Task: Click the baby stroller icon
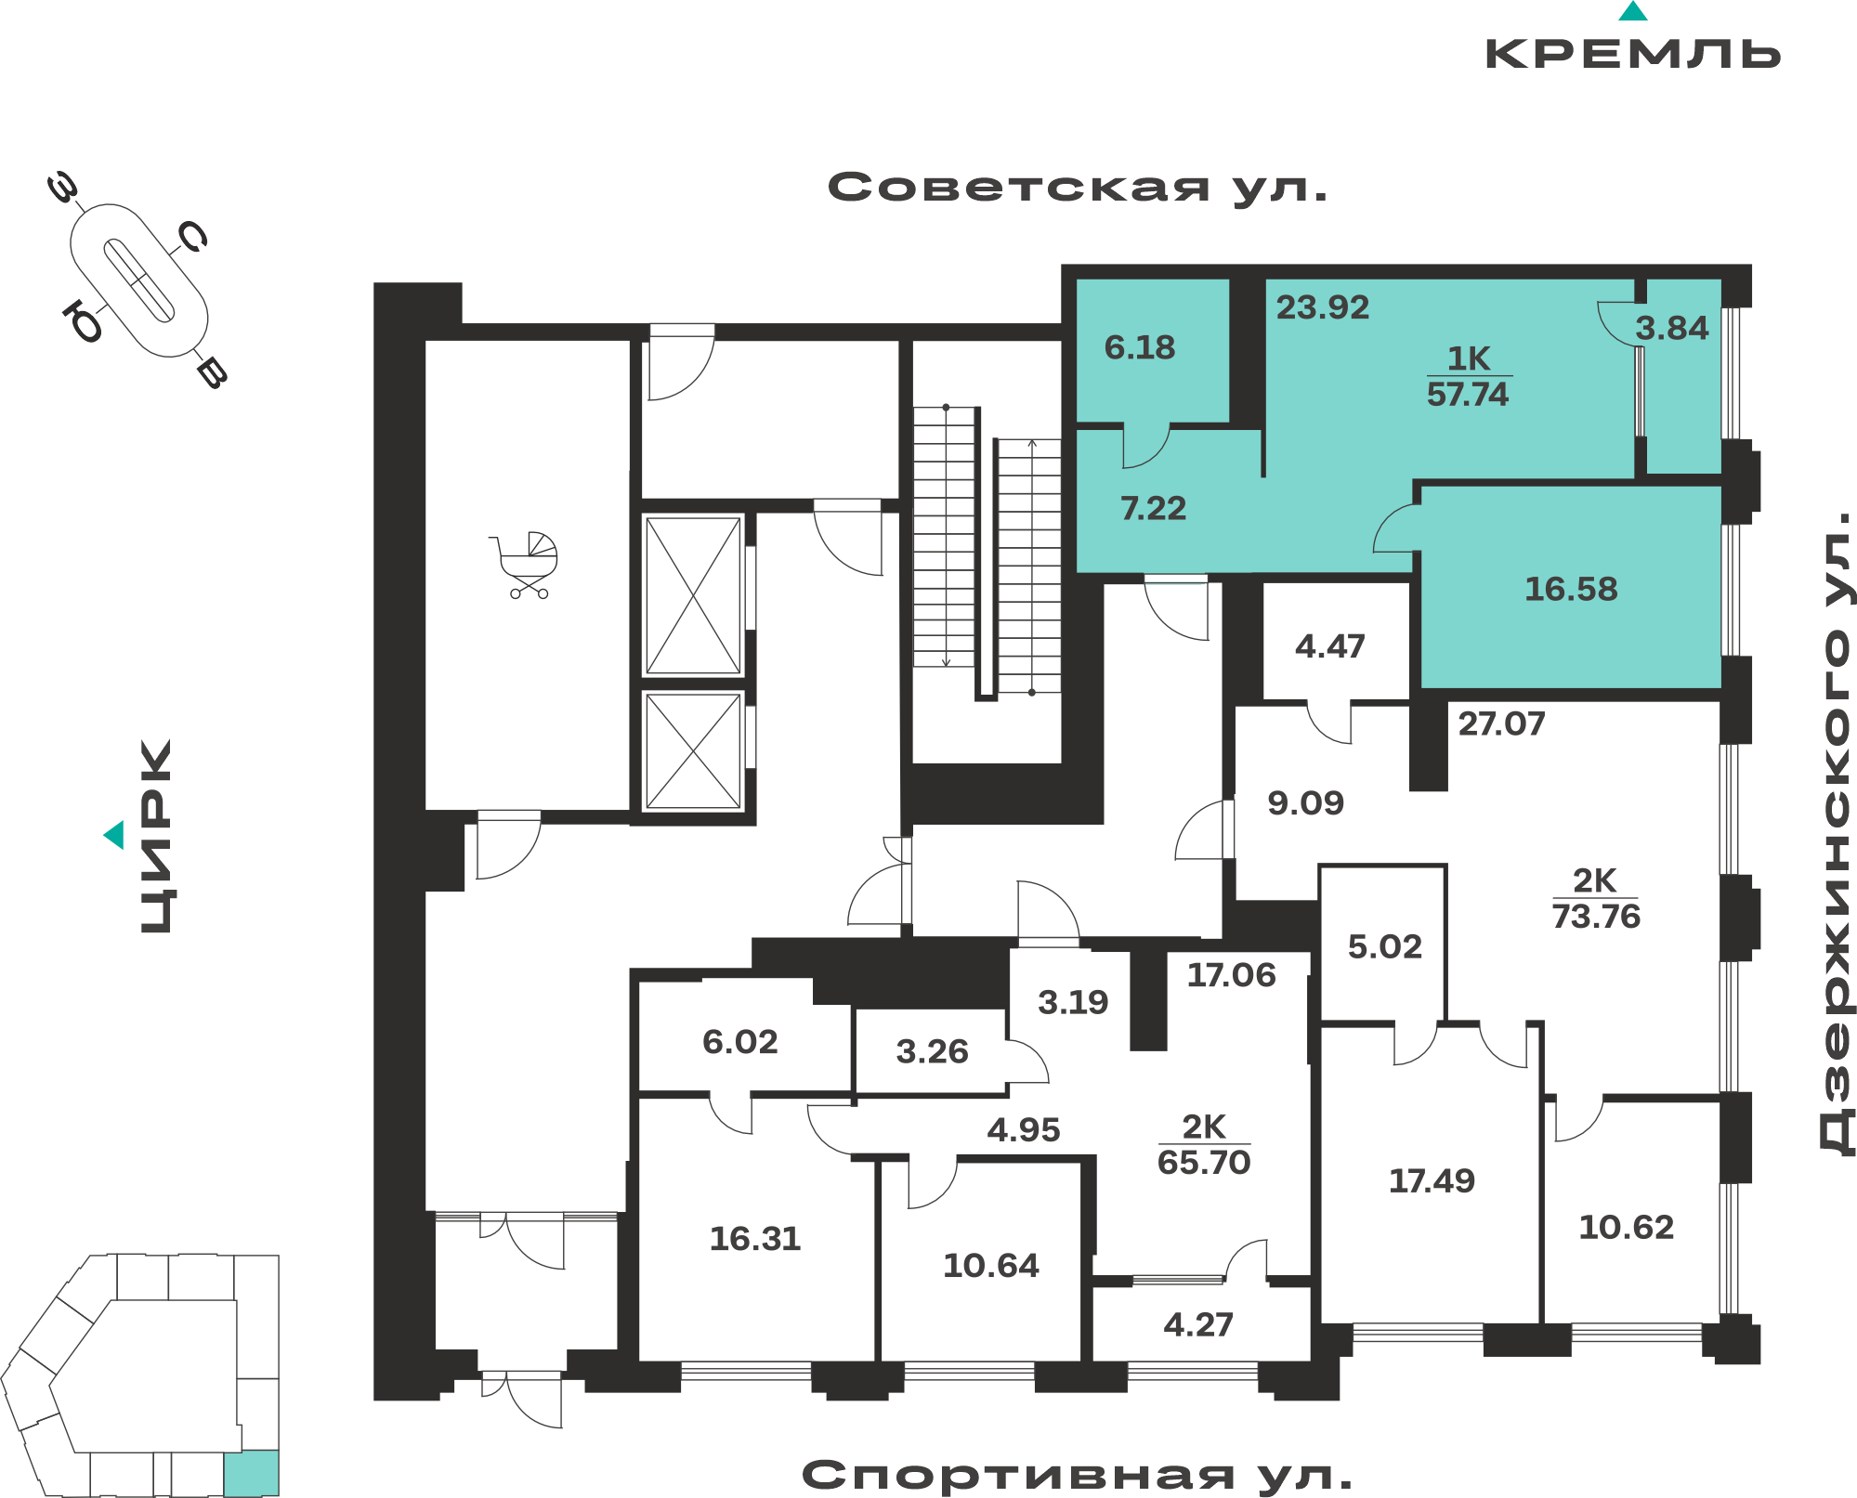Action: (x=526, y=565)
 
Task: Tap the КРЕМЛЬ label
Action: (x=1633, y=54)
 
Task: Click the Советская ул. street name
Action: (x=1078, y=189)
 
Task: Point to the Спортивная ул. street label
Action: (x=1077, y=1475)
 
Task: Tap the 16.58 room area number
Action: (x=1571, y=589)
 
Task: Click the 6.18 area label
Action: (x=1140, y=347)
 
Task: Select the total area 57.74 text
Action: (x=1468, y=395)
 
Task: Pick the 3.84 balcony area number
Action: (x=1672, y=328)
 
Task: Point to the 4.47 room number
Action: (x=1330, y=646)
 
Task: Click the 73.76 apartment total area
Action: (x=1596, y=917)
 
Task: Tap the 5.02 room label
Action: (x=1385, y=946)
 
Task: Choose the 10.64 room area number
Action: (x=991, y=1265)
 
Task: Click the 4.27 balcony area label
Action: (x=1198, y=1324)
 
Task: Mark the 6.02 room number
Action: (x=740, y=1042)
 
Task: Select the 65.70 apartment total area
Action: (x=1204, y=1162)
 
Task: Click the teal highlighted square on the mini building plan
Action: (x=251, y=1472)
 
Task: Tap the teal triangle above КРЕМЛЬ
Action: (x=1633, y=11)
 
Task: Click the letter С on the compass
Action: (x=193, y=237)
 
